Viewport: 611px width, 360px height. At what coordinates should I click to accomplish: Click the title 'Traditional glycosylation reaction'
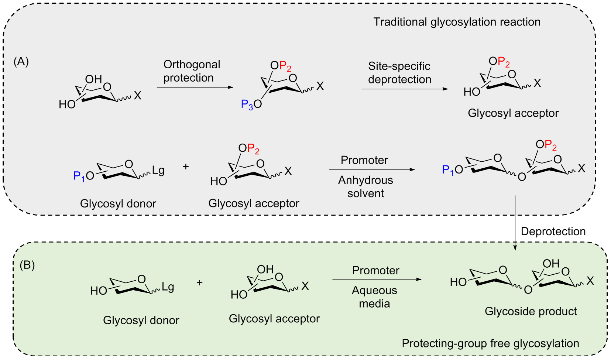[457, 22]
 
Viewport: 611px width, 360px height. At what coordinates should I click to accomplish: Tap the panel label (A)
[21, 61]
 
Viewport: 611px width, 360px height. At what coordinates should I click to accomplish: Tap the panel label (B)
[27, 265]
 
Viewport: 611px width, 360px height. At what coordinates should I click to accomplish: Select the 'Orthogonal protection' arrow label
[191, 71]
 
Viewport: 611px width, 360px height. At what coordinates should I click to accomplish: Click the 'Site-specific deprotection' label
[399, 73]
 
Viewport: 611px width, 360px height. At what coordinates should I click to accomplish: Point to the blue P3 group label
[247, 105]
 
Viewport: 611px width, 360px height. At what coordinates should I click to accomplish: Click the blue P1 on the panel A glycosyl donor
[79, 176]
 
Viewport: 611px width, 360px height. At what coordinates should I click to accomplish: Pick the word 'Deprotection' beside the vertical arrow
[553, 232]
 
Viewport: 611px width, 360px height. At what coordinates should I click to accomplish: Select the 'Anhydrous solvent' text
[365, 186]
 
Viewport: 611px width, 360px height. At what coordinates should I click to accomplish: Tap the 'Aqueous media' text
[374, 297]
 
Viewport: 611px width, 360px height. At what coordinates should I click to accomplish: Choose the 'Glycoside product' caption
[531, 311]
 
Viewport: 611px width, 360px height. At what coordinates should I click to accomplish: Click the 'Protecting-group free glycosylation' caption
[490, 343]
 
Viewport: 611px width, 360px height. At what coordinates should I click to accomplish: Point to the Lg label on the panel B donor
[168, 287]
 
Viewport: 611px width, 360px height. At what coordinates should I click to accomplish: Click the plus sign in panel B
[200, 283]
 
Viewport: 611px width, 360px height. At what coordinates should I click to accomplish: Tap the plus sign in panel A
[186, 167]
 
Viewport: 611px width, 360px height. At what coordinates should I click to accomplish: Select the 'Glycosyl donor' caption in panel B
[141, 320]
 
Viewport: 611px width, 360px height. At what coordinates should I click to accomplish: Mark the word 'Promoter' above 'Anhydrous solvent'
[364, 160]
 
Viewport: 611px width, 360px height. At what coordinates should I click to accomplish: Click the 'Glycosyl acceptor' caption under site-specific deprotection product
[513, 113]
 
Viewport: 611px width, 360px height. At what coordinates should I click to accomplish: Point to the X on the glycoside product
[590, 281]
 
